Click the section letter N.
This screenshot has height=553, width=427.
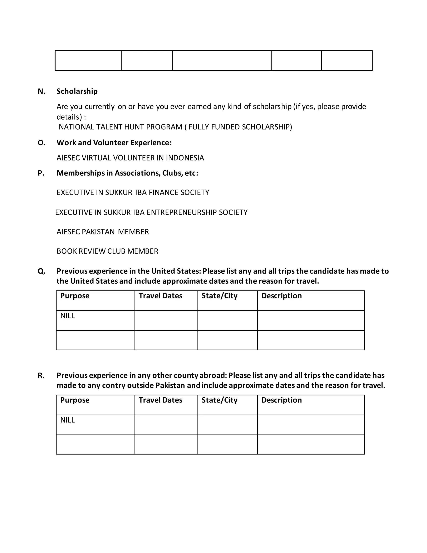(x=41, y=91)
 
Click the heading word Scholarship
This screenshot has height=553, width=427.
(x=77, y=91)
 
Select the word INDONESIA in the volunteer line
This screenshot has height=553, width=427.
(x=185, y=158)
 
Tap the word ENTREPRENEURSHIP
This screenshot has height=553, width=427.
(x=182, y=212)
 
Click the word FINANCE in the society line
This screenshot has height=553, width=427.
(x=163, y=193)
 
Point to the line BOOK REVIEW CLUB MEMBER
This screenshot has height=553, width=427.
(x=107, y=251)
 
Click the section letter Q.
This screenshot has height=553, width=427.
(x=41, y=271)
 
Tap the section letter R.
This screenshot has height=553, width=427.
(x=41, y=376)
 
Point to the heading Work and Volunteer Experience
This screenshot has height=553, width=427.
(x=114, y=143)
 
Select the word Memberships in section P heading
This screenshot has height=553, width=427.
(x=80, y=173)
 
